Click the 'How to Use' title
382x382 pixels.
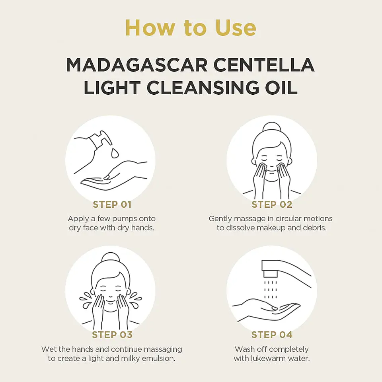tap(191, 28)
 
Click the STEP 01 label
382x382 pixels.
tap(112, 205)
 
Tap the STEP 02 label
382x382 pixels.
tap(272, 205)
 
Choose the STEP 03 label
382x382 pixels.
tap(112, 335)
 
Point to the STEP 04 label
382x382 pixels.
tap(272, 335)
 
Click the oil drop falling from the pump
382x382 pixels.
tap(115, 152)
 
